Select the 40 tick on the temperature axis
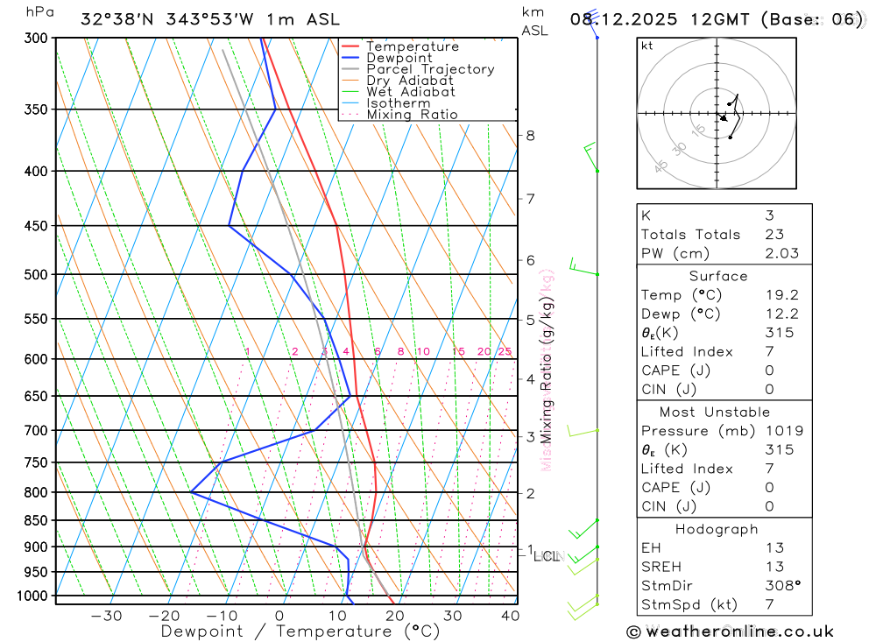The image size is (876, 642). (509, 616)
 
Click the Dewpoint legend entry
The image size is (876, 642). (399, 58)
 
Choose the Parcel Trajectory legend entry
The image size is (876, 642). (429, 69)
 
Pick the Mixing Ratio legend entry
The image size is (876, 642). (412, 114)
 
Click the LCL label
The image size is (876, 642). (546, 556)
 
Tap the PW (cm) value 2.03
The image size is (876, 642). (781, 253)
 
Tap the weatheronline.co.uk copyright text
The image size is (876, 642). (731, 631)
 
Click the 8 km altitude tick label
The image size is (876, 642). (530, 135)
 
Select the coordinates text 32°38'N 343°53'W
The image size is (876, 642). (173, 19)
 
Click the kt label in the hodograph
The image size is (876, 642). (647, 46)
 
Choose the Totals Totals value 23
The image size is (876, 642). (774, 234)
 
